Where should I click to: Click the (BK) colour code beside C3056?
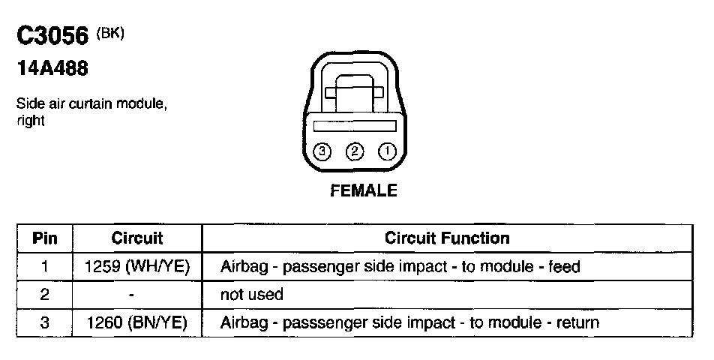pos(109,34)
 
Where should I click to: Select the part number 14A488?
pos(52,70)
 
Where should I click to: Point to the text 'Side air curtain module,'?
pos(91,106)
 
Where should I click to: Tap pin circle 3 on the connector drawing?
pos(322,152)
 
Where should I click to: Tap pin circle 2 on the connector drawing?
pos(354,152)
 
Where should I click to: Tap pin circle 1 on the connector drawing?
pos(386,152)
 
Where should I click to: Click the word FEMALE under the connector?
pos(364,190)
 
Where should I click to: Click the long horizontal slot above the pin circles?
pos(354,127)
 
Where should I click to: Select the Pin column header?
pos(44,238)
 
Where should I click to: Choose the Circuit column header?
pos(137,238)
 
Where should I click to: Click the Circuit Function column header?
pos(447,238)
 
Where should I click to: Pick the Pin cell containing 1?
pos(44,266)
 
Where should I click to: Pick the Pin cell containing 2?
pos(44,295)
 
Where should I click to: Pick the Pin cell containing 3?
pos(44,323)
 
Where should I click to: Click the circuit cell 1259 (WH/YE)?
pos(137,266)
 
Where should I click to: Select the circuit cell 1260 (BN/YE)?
pos(137,323)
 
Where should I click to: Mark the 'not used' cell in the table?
pos(251,295)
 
